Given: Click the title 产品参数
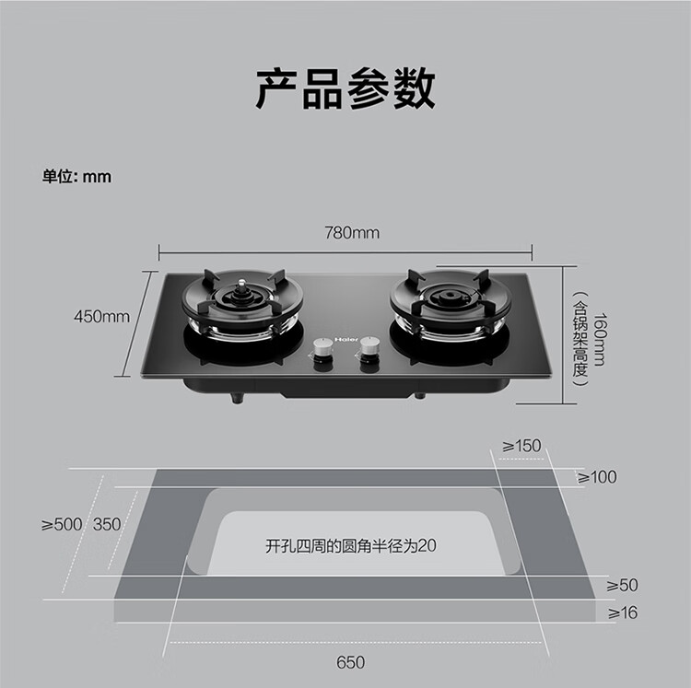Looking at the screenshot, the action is tap(345, 88).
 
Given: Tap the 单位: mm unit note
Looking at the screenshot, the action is tap(76, 176).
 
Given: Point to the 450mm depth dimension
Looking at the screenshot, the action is tap(101, 317).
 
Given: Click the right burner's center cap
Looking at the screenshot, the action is tap(449, 296).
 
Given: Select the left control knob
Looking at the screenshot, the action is tap(323, 349).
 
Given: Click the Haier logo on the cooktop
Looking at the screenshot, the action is tap(347, 338).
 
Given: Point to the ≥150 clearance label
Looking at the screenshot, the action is tap(521, 446).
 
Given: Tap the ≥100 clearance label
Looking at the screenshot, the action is tap(597, 477).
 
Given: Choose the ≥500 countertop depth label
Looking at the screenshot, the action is tap(62, 524).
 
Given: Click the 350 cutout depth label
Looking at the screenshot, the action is tap(107, 524).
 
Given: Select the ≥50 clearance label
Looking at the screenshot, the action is tap(622, 585).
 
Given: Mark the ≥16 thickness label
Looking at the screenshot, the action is tap(622, 612).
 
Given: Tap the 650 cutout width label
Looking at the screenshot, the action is tap(351, 661).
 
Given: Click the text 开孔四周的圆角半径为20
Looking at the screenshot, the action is tap(350, 545).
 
